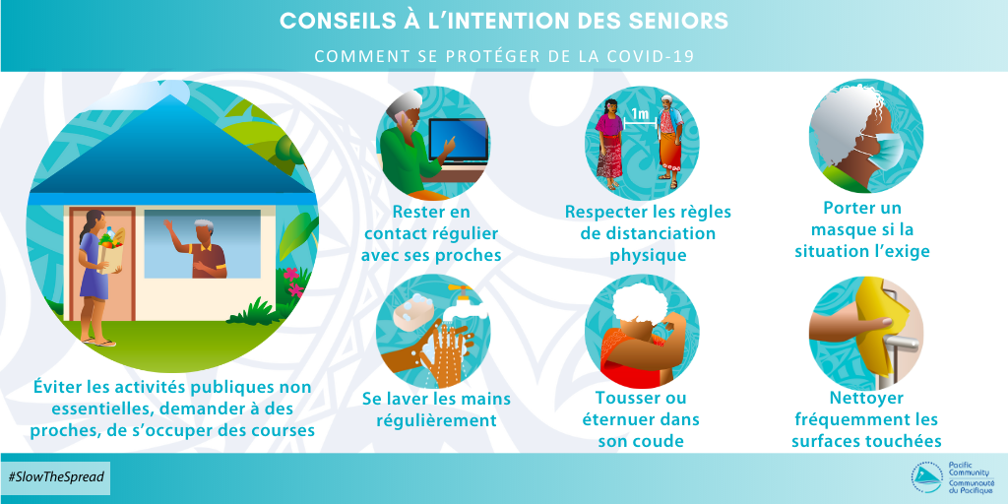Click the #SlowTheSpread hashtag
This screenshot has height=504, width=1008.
tap(55, 477)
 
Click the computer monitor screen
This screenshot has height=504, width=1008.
tap(459, 141)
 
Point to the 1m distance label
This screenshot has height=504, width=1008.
tap(640, 115)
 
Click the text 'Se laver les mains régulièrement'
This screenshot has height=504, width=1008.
tap(430, 409)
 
